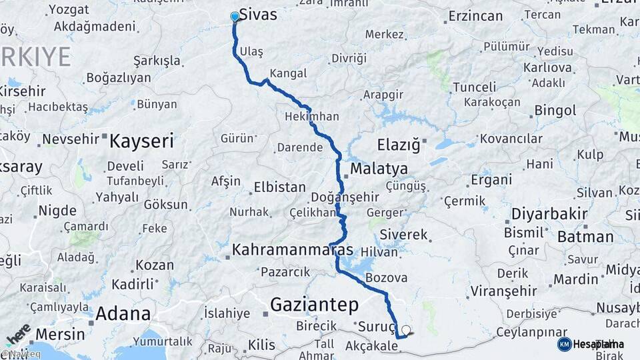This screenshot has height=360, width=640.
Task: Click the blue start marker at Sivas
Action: tap(235, 17)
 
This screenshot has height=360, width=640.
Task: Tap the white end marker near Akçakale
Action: tap(405, 329)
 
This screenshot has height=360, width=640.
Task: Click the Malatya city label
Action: tap(379, 167)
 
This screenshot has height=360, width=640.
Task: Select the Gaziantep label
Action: tap(314, 305)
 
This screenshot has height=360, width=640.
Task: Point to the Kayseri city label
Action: tap(141, 141)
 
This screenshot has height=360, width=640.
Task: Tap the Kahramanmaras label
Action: tap(293, 250)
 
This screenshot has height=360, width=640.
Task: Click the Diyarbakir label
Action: tap(549, 215)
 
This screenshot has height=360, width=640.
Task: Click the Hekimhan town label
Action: tap(311, 116)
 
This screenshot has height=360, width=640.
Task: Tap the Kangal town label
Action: tap(288, 73)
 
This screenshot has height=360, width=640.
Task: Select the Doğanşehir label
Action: tap(346, 197)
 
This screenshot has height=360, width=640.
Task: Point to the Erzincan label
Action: tap(475, 15)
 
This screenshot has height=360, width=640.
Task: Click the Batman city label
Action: tap(585, 237)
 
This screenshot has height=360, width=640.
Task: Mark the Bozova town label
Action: tap(387, 277)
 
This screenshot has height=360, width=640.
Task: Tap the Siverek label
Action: tap(403, 235)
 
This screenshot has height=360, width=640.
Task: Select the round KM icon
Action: tap(564, 344)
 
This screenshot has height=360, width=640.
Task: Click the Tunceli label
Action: tap(475, 87)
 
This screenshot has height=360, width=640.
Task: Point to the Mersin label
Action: tap(61, 334)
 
